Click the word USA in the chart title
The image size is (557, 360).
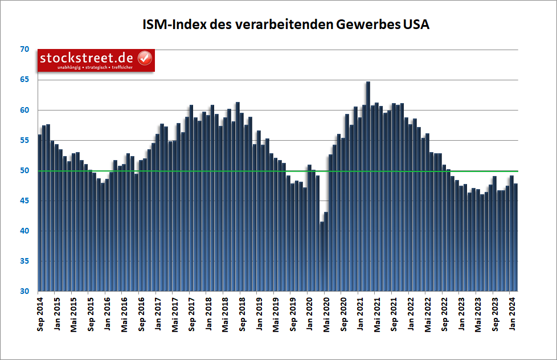(x=416, y=24)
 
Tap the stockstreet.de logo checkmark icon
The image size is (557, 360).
(x=145, y=58)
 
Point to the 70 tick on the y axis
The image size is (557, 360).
(x=24, y=50)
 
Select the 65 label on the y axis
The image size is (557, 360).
(x=24, y=80)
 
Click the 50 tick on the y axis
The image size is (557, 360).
(x=24, y=170)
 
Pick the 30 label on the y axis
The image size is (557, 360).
(x=24, y=291)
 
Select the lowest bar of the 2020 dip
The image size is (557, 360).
(x=322, y=256)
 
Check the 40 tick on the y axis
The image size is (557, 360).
(x=24, y=231)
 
